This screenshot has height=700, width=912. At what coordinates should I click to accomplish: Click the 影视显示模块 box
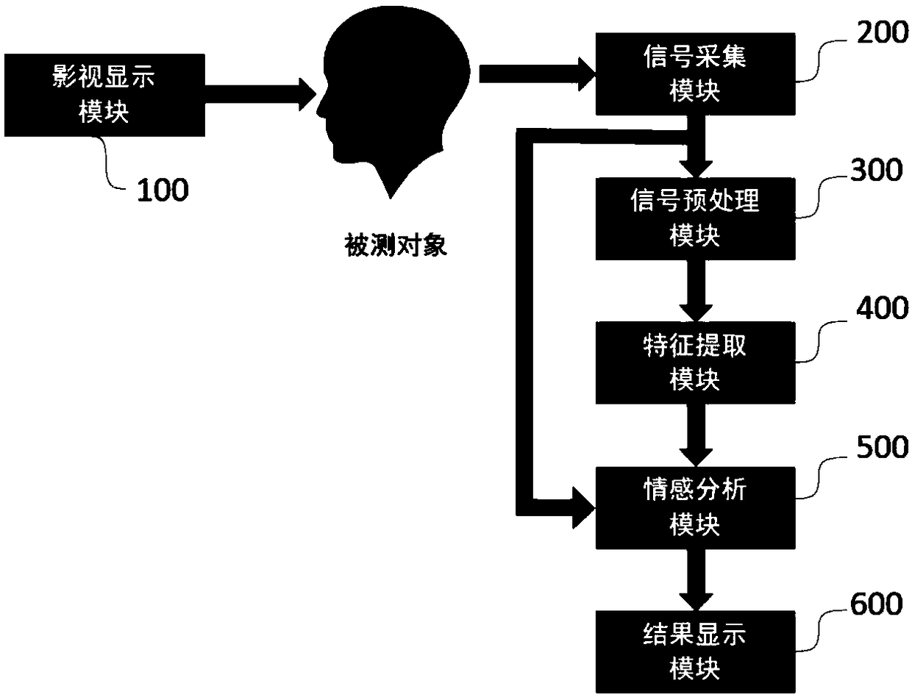pyautogui.click(x=103, y=95)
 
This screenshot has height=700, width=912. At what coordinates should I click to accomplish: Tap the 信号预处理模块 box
pyautogui.click(x=694, y=218)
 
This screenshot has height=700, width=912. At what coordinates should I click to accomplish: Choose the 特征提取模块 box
pyautogui.click(x=694, y=362)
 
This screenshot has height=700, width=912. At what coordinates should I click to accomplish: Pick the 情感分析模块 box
pyautogui.click(x=694, y=507)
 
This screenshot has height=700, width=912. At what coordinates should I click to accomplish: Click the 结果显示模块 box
pyautogui.click(x=694, y=650)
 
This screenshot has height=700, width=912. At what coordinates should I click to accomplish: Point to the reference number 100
pyautogui.click(x=161, y=190)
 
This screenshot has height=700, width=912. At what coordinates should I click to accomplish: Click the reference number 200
pyautogui.click(x=880, y=34)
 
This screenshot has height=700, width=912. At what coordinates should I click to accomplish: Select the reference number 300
pyautogui.click(x=875, y=171)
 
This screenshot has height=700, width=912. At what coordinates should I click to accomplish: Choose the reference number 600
pyautogui.click(x=875, y=604)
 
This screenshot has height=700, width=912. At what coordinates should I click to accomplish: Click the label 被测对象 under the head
pyautogui.click(x=396, y=245)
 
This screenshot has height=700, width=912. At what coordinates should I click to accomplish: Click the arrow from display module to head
pyautogui.click(x=257, y=93)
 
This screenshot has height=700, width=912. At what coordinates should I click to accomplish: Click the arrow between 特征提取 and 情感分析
pyautogui.click(x=694, y=434)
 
